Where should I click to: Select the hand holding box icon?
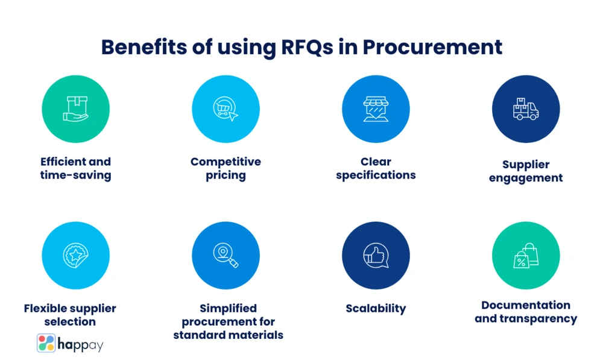(75, 109)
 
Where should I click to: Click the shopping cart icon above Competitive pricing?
(226, 109)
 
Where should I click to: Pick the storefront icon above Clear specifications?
(376, 109)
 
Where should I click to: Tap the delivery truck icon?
(525, 109)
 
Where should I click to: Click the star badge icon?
(75, 255)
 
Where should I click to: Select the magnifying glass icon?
(226, 255)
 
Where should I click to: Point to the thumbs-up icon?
(376, 255)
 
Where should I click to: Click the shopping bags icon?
(525, 255)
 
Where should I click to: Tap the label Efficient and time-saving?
(75, 168)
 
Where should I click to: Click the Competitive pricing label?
(226, 168)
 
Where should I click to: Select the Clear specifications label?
(376, 168)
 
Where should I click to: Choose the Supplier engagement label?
(525, 171)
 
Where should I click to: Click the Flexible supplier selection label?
(70, 315)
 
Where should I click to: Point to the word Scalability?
(376, 308)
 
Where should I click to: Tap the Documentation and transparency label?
(525, 312)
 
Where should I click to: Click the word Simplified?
(228, 308)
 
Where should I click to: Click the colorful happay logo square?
(46, 343)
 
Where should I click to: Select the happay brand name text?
(81, 344)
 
